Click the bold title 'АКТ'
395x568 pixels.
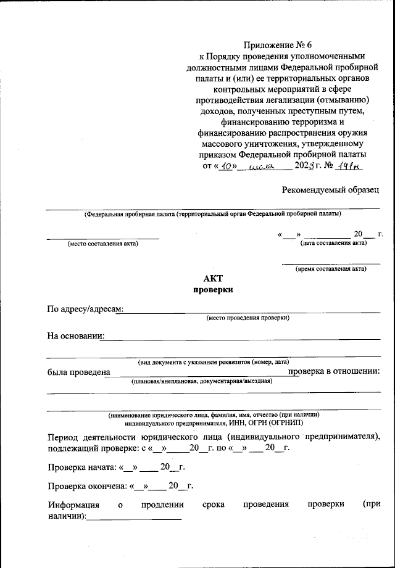coord(213,278)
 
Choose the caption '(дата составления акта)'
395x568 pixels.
coord(333,243)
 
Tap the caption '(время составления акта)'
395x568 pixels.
coord(331,268)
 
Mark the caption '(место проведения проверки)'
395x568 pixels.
coord(247,318)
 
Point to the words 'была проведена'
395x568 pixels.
coord(78,371)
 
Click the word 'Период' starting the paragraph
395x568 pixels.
coord(63,437)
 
